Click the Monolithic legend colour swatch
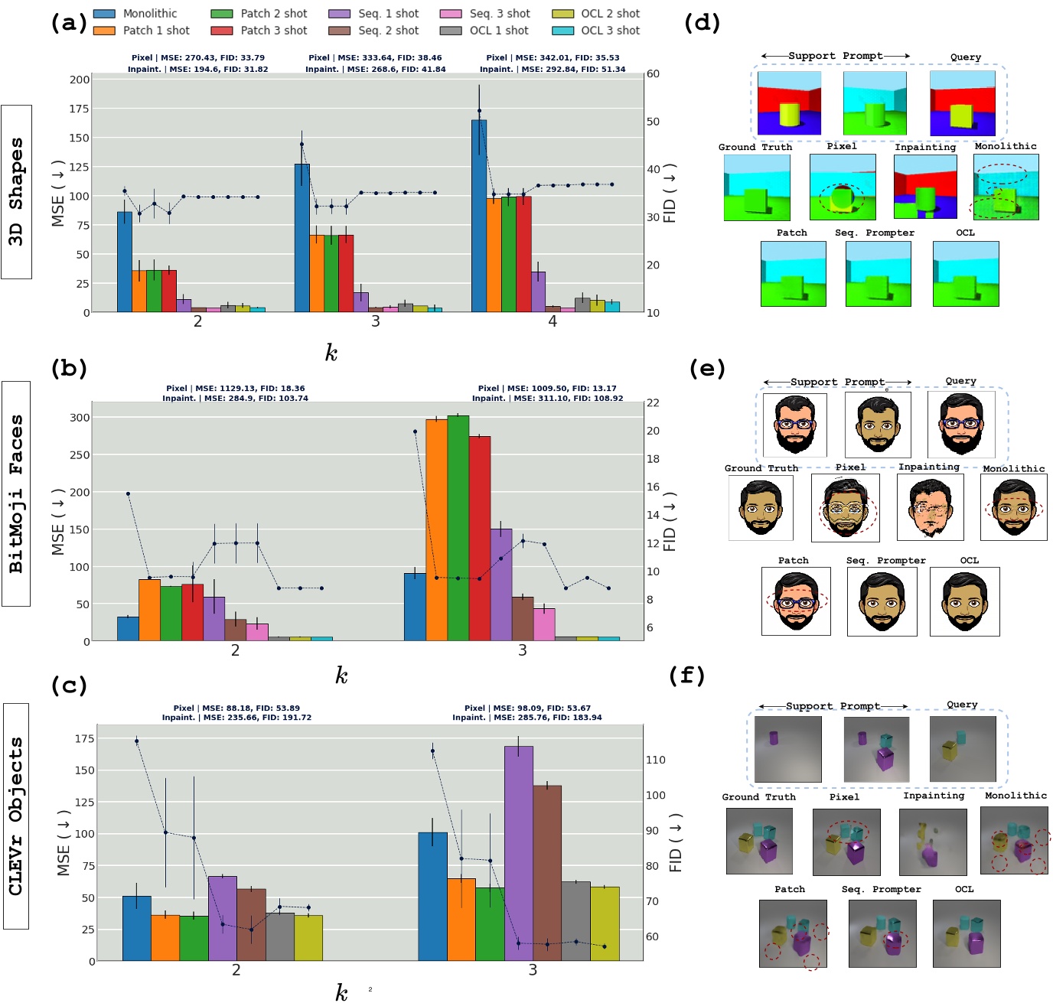104,14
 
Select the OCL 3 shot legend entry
610,31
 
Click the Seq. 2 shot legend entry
388,31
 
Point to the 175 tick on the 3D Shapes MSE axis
80,109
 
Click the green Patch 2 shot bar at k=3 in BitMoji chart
458,528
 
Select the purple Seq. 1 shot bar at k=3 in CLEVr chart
519,853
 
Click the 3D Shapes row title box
16,192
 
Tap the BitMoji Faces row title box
16,493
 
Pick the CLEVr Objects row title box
16,816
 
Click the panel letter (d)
702,22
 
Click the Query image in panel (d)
963,104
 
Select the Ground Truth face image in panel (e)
761,508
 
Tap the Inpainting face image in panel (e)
930,507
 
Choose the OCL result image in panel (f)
967,933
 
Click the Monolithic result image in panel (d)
1006,187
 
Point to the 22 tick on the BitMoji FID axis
653,402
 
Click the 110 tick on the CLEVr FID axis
656,760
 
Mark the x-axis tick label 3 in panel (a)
376,321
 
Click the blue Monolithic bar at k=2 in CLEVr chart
137,928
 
